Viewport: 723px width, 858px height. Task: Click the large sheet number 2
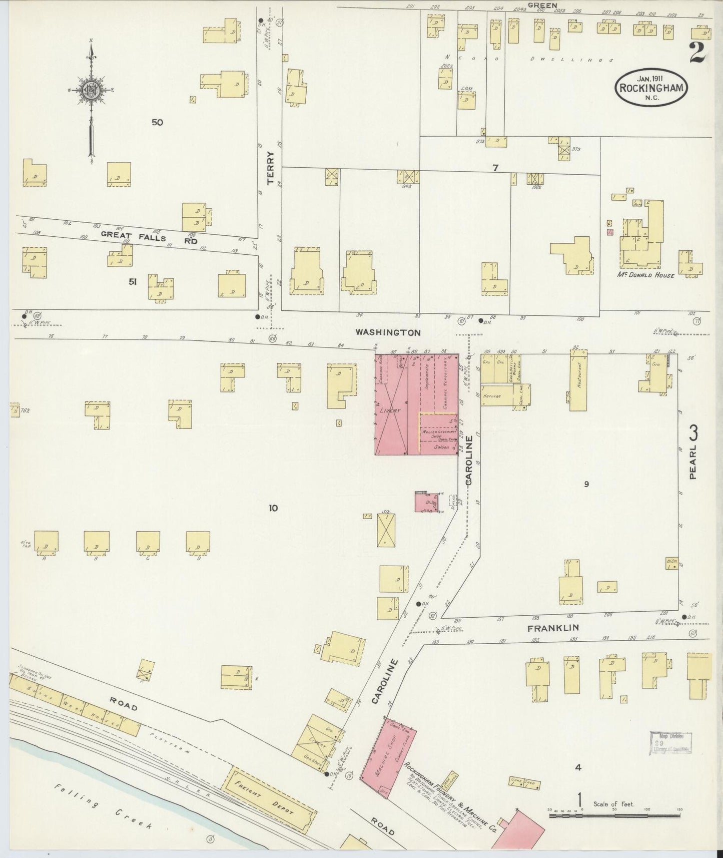(x=697, y=52)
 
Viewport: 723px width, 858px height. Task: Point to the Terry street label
(x=271, y=168)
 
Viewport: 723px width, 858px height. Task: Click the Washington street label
(x=388, y=332)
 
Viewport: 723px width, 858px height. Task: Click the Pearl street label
(x=693, y=452)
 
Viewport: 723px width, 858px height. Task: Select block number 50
(x=158, y=122)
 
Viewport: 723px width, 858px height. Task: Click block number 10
(x=273, y=508)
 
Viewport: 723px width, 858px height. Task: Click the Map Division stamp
(x=670, y=742)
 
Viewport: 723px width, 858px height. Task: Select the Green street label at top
(x=542, y=5)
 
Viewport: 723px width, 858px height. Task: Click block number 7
(x=495, y=168)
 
